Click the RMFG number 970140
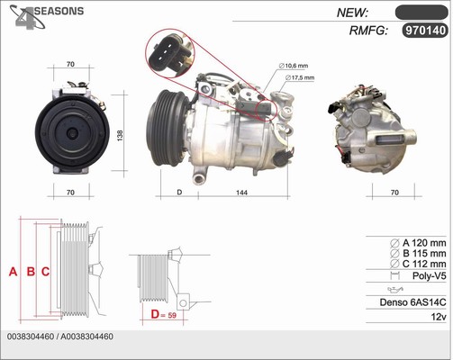point(425,31)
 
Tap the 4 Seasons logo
point(46,17)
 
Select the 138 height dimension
point(120,136)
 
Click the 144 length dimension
point(241,193)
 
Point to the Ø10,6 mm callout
point(294,66)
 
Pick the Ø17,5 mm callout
point(300,77)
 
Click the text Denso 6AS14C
point(412,302)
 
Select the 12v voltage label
point(439,317)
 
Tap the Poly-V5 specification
point(430,275)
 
